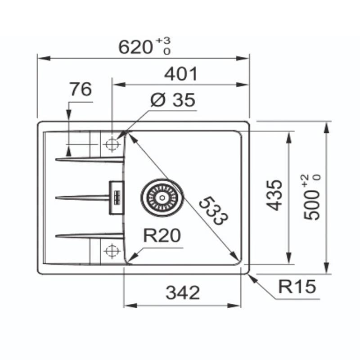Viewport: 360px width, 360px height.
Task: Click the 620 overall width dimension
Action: click(135, 47)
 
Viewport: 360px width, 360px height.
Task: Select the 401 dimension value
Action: click(181, 74)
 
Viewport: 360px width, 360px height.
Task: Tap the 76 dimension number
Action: click(81, 89)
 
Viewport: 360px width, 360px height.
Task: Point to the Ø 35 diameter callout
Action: click(173, 100)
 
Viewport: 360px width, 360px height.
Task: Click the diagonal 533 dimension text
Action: click(213, 211)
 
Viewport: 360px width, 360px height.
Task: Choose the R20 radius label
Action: click(162, 235)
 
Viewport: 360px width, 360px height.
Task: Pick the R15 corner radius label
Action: click(297, 286)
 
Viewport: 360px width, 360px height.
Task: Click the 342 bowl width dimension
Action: click(183, 292)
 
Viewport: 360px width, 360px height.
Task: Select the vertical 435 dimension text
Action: click(274, 195)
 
